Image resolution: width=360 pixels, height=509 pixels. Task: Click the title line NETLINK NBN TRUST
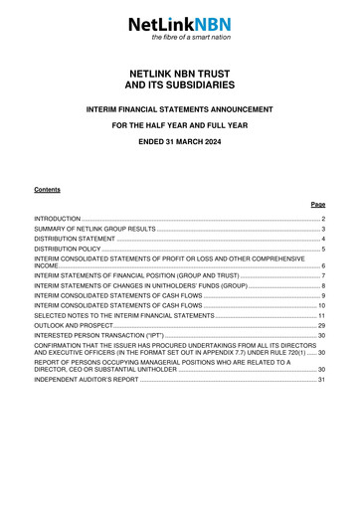tap(179, 74)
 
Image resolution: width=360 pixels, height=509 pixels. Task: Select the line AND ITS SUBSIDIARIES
tap(179, 87)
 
